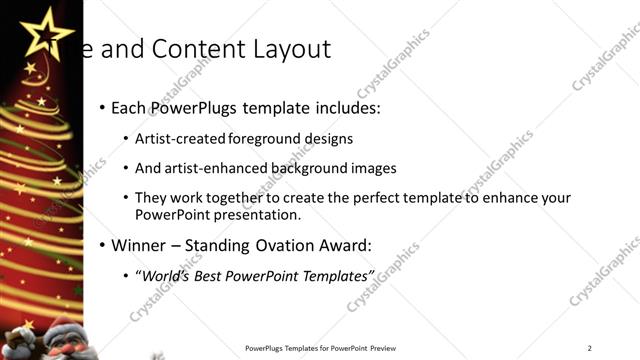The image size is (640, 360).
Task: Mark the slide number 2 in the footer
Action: coord(589,348)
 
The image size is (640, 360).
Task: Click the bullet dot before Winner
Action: coord(103,245)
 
